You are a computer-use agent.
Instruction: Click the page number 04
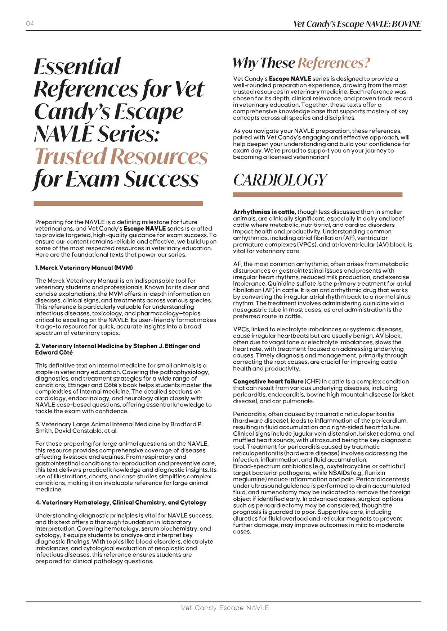click(30, 24)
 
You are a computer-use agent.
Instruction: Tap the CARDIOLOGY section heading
click(280, 180)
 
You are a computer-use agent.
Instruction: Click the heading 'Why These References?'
click(301, 63)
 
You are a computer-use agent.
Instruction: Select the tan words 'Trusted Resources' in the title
click(121, 156)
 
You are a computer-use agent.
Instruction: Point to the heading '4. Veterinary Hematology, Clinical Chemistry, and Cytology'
click(121, 502)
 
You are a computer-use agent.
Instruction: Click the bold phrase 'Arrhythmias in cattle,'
click(264, 212)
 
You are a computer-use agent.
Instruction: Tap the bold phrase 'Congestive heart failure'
click(268, 381)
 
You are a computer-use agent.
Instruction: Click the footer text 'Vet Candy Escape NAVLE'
click(225, 608)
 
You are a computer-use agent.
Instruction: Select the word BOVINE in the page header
click(406, 24)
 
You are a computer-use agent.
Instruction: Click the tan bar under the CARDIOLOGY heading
click(317, 195)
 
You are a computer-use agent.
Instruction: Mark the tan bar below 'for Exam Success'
click(118, 204)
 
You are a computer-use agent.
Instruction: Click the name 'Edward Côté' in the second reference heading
click(54, 353)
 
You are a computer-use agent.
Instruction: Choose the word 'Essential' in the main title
click(77, 67)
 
